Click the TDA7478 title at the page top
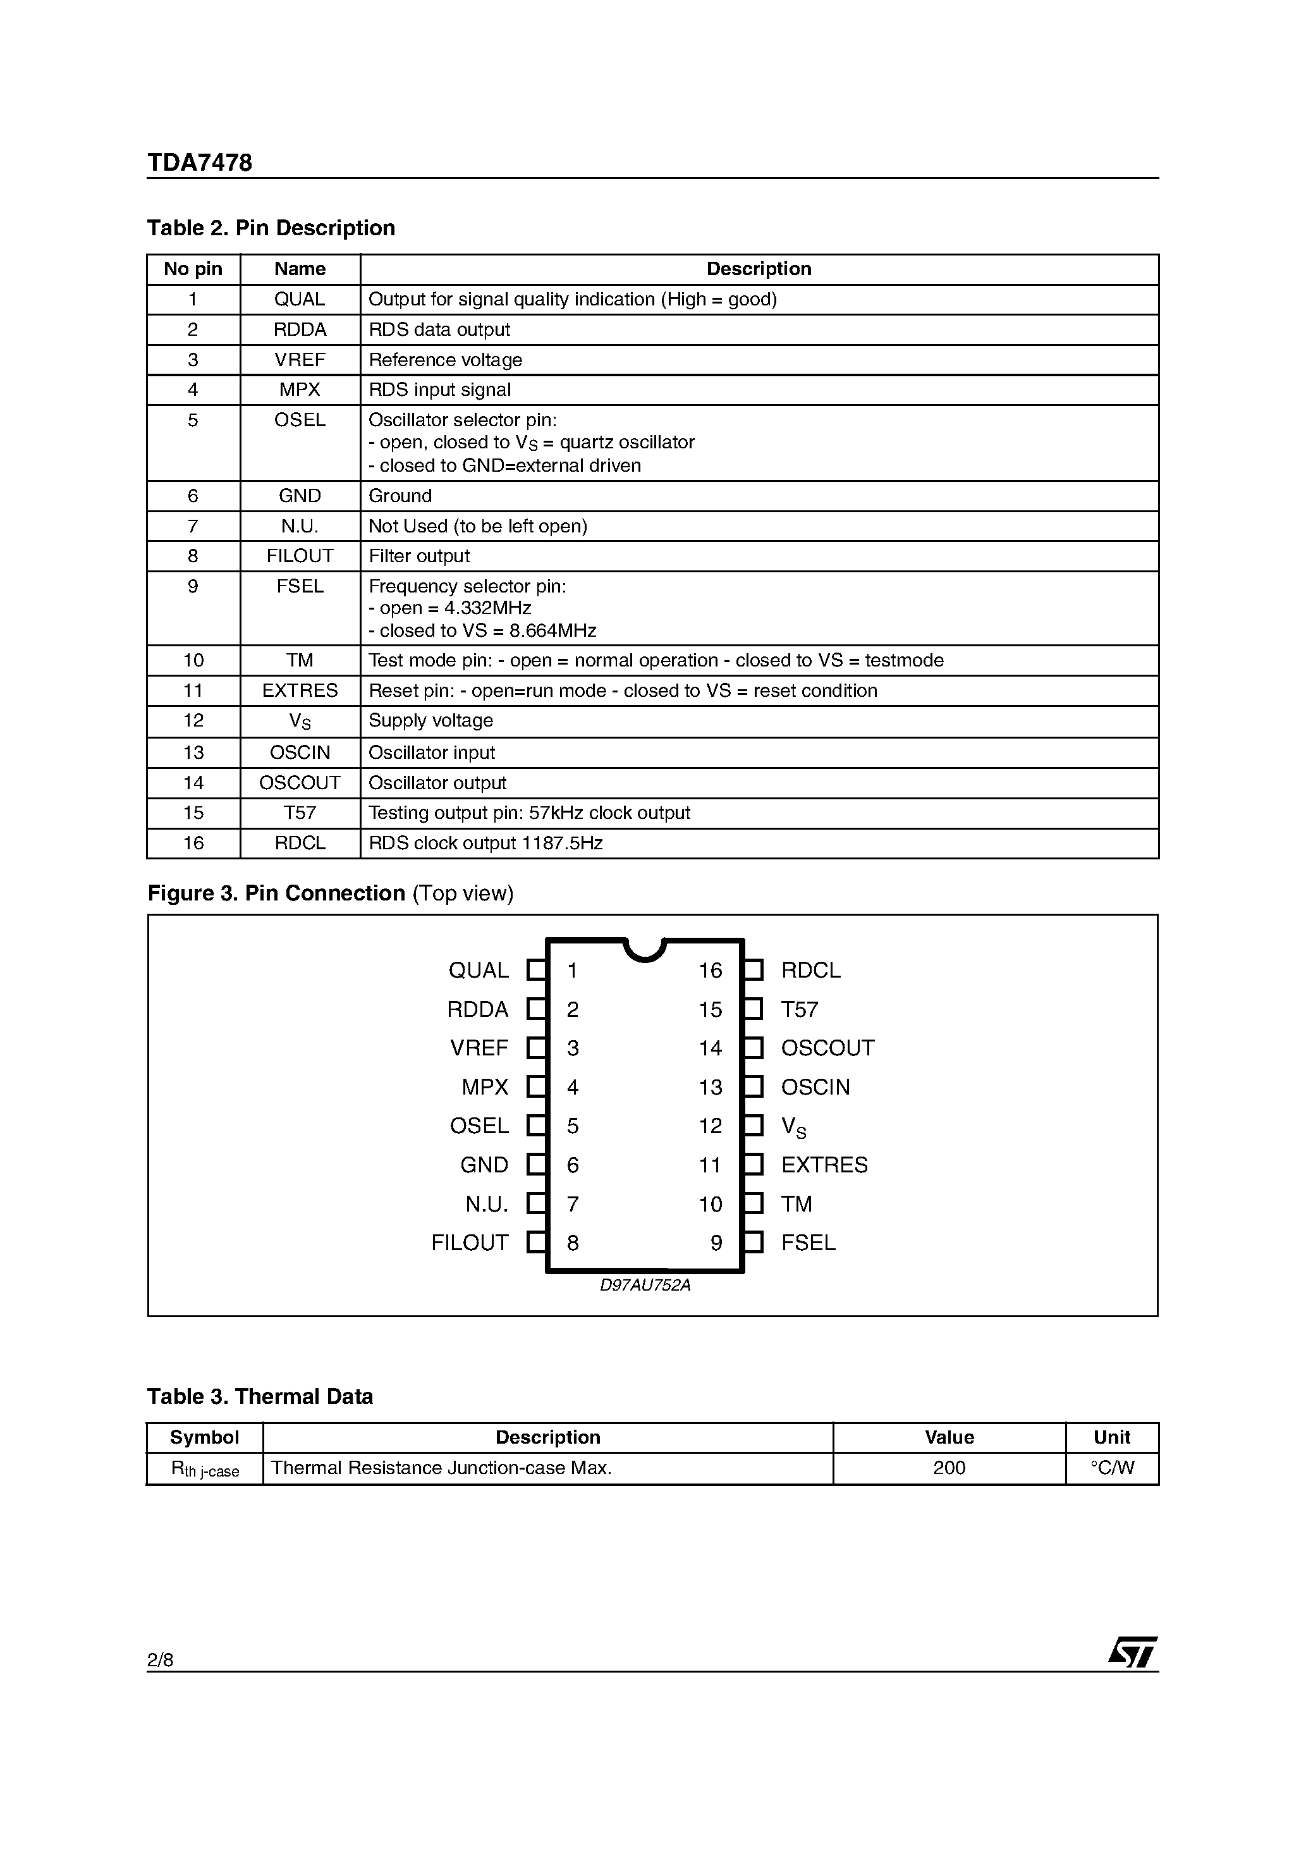[199, 163]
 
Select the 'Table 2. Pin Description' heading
[271, 228]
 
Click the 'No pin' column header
[193, 269]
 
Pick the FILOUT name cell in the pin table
[300, 556]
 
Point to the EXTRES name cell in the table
[300, 691]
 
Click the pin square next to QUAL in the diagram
[535, 971]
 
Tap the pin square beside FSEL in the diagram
[753, 1243]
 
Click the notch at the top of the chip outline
[644, 950]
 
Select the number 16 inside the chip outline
[710, 971]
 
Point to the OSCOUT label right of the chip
[827, 1048]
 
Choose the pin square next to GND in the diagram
[535, 1165]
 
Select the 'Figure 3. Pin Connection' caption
[330, 893]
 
